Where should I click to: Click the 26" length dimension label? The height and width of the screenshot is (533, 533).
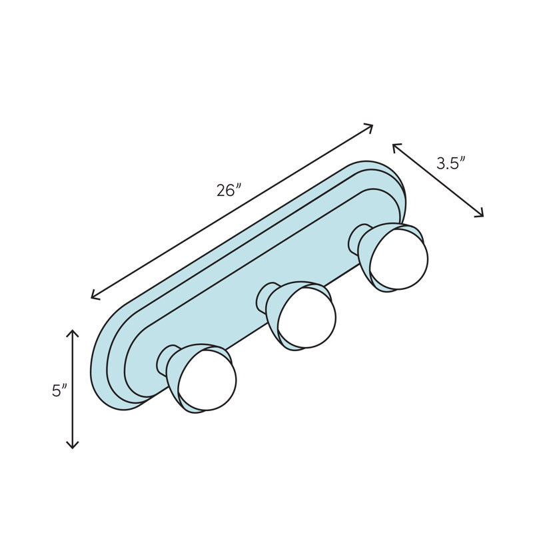pyautogui.click(x=228, y=190)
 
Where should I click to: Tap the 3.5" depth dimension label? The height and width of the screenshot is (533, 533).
pyautogui.click(x=450, y=163)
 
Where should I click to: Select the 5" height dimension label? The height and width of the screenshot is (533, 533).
pyautogui.click(x=60, y=391)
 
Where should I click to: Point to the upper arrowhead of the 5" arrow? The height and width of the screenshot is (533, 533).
pyautogui.click(x=73, y=331)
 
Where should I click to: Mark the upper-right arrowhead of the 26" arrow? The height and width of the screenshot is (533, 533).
pyautogui.click(x=370, y=126)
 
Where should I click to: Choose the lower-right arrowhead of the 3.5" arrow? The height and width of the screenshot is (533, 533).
pyautogui.click(x=481, y=215)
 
